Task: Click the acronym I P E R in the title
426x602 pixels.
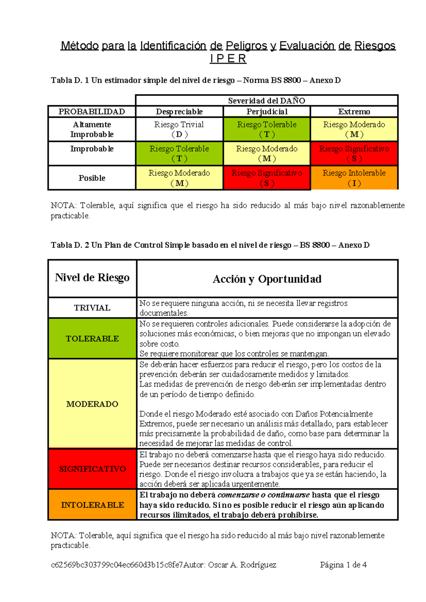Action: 228,59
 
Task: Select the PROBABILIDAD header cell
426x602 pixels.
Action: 92,112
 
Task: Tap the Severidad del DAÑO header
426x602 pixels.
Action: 267,101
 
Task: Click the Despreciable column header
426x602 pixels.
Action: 179,112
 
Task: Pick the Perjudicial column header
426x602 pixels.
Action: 267,112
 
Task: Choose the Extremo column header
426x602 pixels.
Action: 354,112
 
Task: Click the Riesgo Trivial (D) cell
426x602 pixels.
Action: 179,129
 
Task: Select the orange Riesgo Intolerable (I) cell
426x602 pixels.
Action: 354,178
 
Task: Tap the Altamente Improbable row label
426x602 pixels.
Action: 92,129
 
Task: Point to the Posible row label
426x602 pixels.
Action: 92,178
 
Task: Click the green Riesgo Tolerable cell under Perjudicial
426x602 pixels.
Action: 267,129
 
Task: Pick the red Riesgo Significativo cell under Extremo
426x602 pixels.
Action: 354,153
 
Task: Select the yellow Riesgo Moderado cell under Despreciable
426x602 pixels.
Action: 179,178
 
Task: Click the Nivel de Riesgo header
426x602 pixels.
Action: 92,278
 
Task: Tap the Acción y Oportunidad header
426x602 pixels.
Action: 267,279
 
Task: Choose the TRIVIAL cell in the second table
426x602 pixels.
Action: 92,308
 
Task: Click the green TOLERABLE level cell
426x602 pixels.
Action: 92,339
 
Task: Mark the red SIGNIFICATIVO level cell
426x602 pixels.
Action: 92,469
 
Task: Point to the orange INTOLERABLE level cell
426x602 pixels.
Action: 92,505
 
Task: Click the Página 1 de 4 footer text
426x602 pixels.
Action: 343,565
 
